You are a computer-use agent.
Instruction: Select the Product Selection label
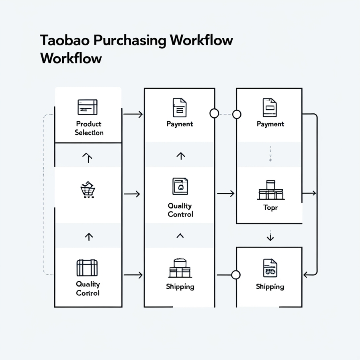click(x=89, y=128)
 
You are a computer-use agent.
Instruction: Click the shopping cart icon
click(x=88, y=190)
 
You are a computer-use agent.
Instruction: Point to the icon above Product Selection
click(x=88, y=107)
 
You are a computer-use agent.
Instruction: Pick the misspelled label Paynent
click(x=180, y=124)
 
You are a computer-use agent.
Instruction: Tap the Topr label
click(x=270, y=208)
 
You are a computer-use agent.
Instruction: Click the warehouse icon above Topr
click(x=270, y=190)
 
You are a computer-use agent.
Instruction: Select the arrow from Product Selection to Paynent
click(x=133, y=115)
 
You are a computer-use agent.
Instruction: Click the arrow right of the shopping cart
click(x=132, y=194)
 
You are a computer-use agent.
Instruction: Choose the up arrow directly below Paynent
click(x=180, y=156)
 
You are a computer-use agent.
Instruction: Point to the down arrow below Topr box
click(x=270, y=237)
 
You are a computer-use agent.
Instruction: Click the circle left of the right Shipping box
click(x=236, y=275)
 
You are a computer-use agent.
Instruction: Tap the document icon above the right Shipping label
click(x=270, y=268)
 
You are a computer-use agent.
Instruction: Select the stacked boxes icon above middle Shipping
click(x=180, y=268)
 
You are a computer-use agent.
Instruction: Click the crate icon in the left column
click(x=87, y=268)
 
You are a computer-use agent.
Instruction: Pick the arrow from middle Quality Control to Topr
click(x=226, y=194)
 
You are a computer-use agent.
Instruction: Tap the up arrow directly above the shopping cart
click(x=87, y=158)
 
